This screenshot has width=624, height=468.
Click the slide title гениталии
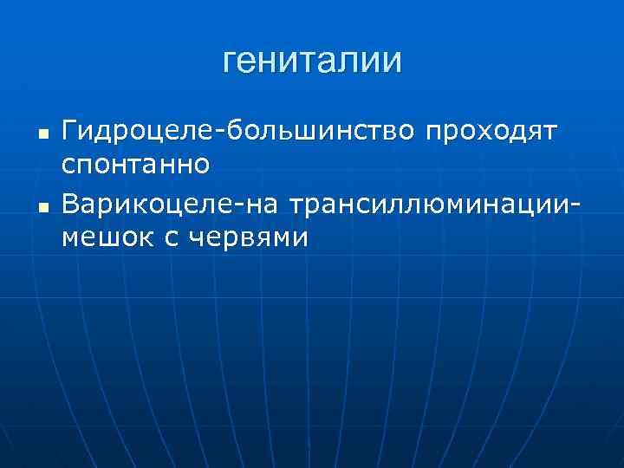(312, 61)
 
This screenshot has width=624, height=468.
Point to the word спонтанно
(135, 160)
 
